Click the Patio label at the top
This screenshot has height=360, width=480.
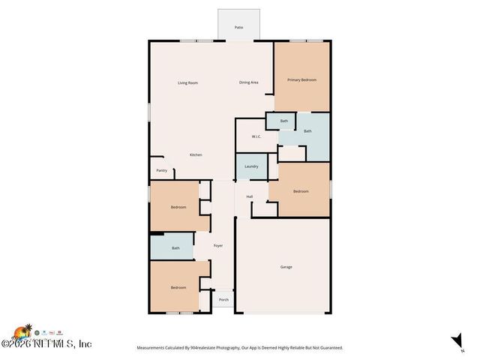pos(238,27)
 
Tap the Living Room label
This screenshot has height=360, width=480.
pos(187,82)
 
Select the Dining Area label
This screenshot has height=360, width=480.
pos(250,82)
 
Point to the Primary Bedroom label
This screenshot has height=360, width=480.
pos(301,79)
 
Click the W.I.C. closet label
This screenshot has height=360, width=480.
pos(256,136)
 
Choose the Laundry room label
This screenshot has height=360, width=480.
pos(251,166)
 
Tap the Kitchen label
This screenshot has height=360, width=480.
pos(196,154)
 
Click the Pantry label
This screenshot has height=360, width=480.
pos(162,170)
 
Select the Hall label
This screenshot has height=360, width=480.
pos(250,196)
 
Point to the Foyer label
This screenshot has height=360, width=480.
pos(218,245)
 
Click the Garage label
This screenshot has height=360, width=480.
pos(286,267)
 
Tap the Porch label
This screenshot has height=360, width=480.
pos(223,300)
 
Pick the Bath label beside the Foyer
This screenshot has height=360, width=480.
pos(175,248)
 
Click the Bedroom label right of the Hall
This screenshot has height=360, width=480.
pos(301,191)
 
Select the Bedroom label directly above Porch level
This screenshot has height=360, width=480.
pos(178,287)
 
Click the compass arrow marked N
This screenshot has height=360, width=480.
pos(454,340)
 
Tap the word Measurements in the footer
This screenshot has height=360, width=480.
pos(151,348)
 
